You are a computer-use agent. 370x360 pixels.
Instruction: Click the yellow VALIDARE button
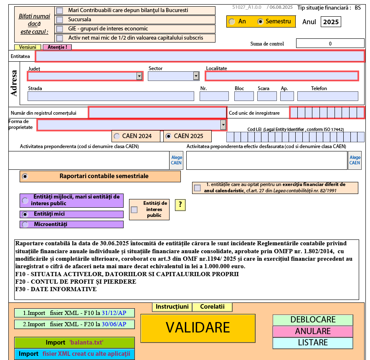(198, 328)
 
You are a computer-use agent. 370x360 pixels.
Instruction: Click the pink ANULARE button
(312, 331)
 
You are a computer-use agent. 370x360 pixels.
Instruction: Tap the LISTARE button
(312, 342)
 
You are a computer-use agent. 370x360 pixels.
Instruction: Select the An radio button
(232, 22)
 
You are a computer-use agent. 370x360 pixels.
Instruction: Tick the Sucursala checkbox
(60, 20)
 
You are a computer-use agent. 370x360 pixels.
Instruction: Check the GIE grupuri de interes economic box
(60, 29)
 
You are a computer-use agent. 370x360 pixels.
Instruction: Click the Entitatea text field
(200, 56)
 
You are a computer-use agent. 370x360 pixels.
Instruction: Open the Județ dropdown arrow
(139, 76)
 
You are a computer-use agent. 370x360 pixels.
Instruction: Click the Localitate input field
(281, 76)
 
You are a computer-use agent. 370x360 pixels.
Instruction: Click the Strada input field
(111, 96)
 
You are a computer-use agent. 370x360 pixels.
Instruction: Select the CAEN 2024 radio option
(117, 136)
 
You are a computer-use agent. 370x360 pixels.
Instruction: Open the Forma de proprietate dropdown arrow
(223, 125)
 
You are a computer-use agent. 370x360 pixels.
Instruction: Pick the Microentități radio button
(25, 224)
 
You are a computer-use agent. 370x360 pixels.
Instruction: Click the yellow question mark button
(180, 205)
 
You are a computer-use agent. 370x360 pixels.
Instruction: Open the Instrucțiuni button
(172, 307)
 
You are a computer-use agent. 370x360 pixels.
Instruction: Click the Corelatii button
(212, 307)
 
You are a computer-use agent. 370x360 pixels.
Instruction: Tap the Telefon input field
(327, 96)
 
